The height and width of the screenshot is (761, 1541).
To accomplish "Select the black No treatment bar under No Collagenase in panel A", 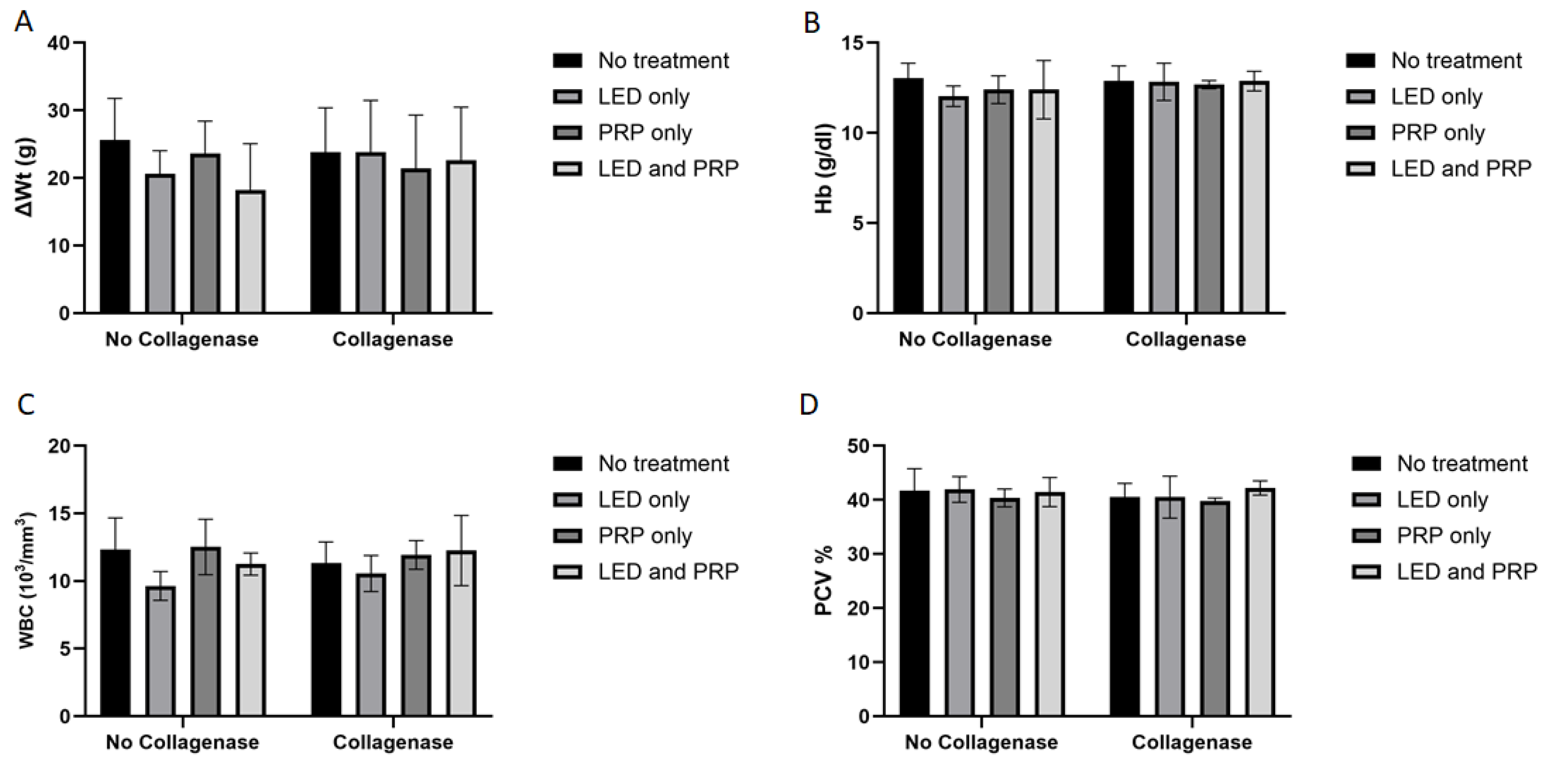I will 115,227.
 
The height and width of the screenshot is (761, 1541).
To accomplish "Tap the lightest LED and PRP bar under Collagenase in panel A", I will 461,237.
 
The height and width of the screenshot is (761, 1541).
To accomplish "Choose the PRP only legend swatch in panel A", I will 567,133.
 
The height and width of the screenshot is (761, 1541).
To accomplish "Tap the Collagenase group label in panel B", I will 1185,339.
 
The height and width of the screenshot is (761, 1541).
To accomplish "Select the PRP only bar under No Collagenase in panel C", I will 206,631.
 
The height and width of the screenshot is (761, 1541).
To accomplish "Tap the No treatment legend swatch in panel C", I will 567,464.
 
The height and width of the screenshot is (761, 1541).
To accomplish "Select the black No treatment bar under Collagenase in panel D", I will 1124,606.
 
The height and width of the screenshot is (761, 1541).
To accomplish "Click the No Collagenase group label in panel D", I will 981,743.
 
